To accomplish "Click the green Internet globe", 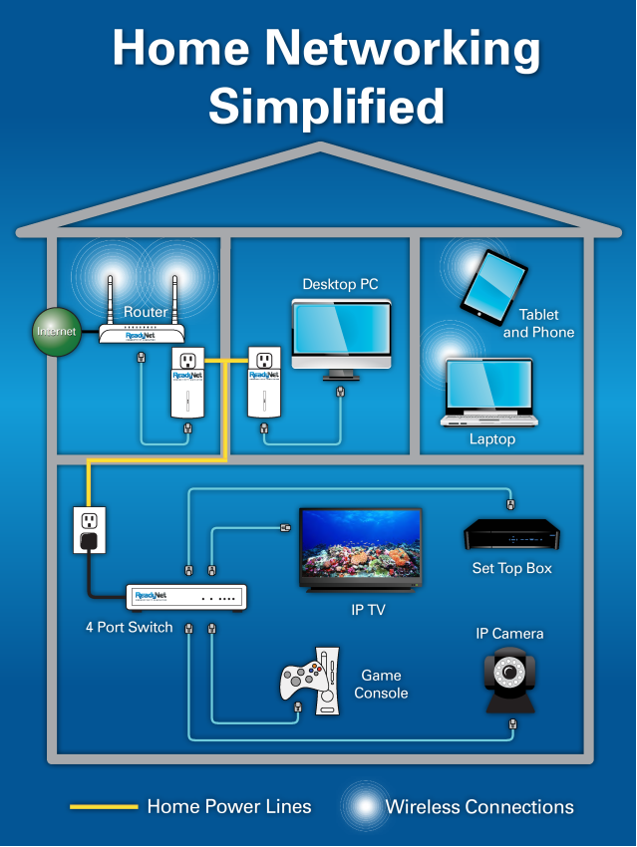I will pos(56,332).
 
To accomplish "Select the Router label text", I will pos(146,312).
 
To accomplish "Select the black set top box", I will pos(512,535).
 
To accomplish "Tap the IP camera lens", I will pos(511,675).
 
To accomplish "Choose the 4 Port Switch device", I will pos(186,598).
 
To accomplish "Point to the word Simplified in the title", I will pos(326,104).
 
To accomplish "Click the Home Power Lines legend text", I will pos(229,806).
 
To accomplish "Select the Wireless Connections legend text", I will pos(479,806).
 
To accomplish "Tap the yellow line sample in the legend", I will pos(103,806).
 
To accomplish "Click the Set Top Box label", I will pos(511,568).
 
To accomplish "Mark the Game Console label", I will pos(381,684).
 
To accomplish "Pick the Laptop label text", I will pos(492,438).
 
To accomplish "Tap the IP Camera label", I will pos(509,634).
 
